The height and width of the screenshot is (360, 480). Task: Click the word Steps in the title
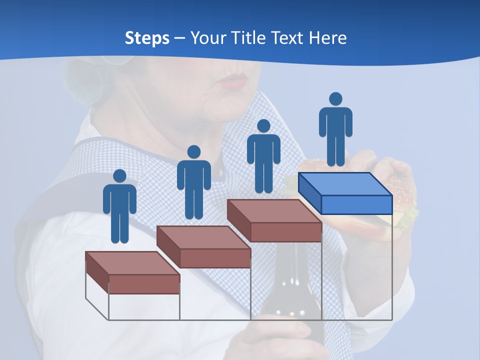pyautogui.click(x=147, y=38)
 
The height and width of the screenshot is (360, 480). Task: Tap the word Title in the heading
pyautogui.click(x=250, y=38)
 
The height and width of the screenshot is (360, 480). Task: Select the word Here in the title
pyautogui.click(x=328, y=38)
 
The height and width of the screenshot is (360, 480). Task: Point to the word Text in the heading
pyautogui.click(x=288, y=38)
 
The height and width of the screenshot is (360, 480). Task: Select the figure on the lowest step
pyautogui.click(x=119, y=207)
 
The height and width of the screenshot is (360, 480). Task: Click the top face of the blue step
pyautogui.click(x=345, y=184)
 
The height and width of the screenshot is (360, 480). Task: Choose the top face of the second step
pyautogui.click(x=203, y=237)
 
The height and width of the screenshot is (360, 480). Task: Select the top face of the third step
pyautogui.click(x=274, y=211)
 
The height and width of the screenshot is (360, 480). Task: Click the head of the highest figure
pyautogui.click(x=335, y=99)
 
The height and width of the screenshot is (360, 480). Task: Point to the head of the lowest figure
pyautogui.click(x=119, y=176)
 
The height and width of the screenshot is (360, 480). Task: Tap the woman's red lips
pyautogui.click(x=234, y=81)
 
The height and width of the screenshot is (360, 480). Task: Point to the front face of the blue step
pyautogui.click(x=356, y=204)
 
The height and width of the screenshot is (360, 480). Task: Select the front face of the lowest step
pyautogui.click(x=144, y=284)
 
